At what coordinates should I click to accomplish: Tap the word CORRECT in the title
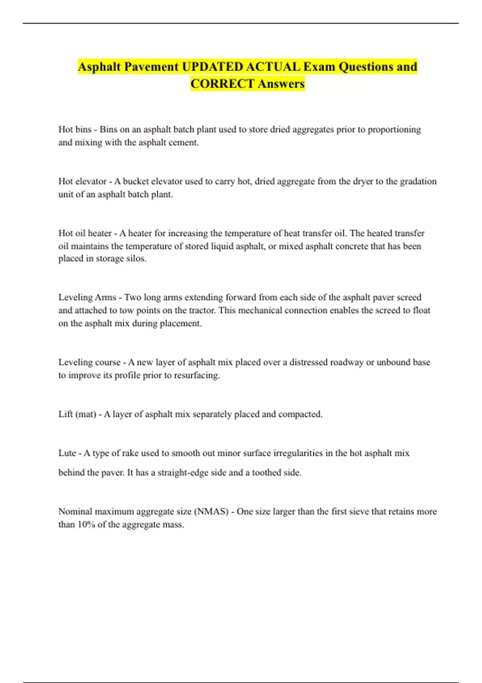222,84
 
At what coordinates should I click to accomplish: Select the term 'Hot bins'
75,129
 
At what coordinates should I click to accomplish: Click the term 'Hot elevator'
82,181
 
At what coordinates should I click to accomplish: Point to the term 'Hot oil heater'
85,233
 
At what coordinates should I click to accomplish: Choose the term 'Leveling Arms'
87,297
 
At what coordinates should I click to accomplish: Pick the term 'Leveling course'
89,362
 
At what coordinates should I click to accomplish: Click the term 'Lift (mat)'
77,414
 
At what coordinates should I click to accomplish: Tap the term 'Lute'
67,453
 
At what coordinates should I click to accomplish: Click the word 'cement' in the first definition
184,142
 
